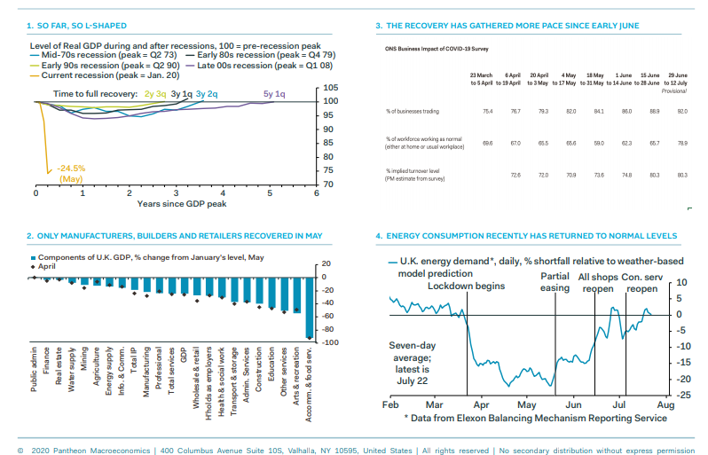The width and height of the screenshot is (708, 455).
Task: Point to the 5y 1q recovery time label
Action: click(x=274, y=93)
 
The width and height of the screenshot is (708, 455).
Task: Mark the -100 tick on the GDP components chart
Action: click(x=325, y=341)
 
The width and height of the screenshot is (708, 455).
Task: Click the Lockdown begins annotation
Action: click(x=466, y=286)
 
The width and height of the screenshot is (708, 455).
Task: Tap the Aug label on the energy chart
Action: click(x=664, y=404)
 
